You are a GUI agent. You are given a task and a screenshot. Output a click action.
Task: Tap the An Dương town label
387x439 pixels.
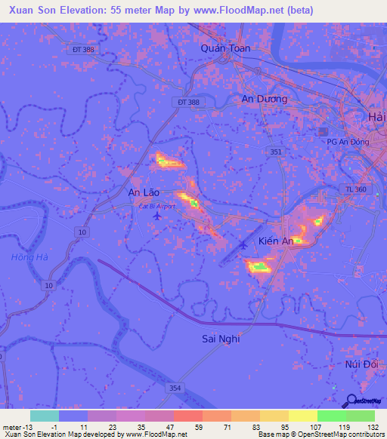(x=265, y=99)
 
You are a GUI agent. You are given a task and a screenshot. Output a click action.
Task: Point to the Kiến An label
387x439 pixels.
(x=275, y=241)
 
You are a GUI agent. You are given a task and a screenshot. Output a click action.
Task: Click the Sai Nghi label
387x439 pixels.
(x=221, y=339)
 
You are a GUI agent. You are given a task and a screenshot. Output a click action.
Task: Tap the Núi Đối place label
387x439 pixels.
(x=361, y=364)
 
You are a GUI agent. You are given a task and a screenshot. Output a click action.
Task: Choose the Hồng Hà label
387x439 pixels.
(x=29, y=258)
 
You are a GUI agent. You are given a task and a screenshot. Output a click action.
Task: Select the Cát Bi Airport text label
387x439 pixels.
(x=156, y=205)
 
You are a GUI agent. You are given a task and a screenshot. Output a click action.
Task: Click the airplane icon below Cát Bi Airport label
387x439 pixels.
(x=156, y=216)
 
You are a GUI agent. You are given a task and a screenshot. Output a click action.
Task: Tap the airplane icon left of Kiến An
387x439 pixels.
(x=243, y=244)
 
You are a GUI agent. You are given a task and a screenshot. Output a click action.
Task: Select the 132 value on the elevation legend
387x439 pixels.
(x=372, y=427)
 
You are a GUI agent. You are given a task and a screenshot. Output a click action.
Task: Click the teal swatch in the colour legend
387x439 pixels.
(x=44, y=416)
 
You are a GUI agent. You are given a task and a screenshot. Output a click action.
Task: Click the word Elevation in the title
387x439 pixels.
(x=83, y=10)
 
